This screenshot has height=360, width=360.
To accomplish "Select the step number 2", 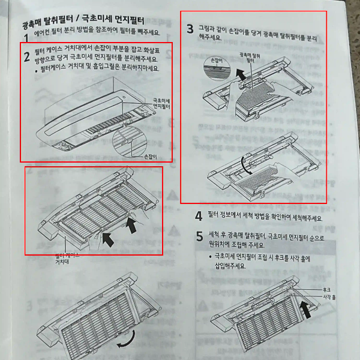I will pyautogui.click(x=26, y=58).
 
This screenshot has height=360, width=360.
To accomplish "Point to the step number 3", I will pyautogui.click(x=190, y=28).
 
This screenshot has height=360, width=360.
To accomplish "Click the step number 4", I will pyautogui.click(x=199, y=217).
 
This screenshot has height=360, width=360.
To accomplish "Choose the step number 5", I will pyautogui.click(x=199, y=236).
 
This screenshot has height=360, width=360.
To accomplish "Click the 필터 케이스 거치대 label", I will pyautogui.click(x=67, y=258).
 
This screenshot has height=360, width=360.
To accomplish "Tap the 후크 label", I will pyautogui.click(x=326, y=289).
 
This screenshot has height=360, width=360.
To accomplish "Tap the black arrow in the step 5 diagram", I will pyautogui.click(x=305, y=311).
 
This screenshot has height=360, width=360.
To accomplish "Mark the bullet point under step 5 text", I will pyautogui.click(x=208, y=256).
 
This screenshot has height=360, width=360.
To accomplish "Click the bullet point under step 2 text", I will pyautogui.click(x=37, y=68).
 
